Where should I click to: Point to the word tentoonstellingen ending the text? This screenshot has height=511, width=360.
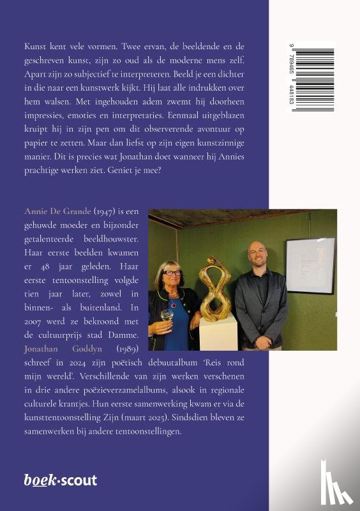tap(146, 432)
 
